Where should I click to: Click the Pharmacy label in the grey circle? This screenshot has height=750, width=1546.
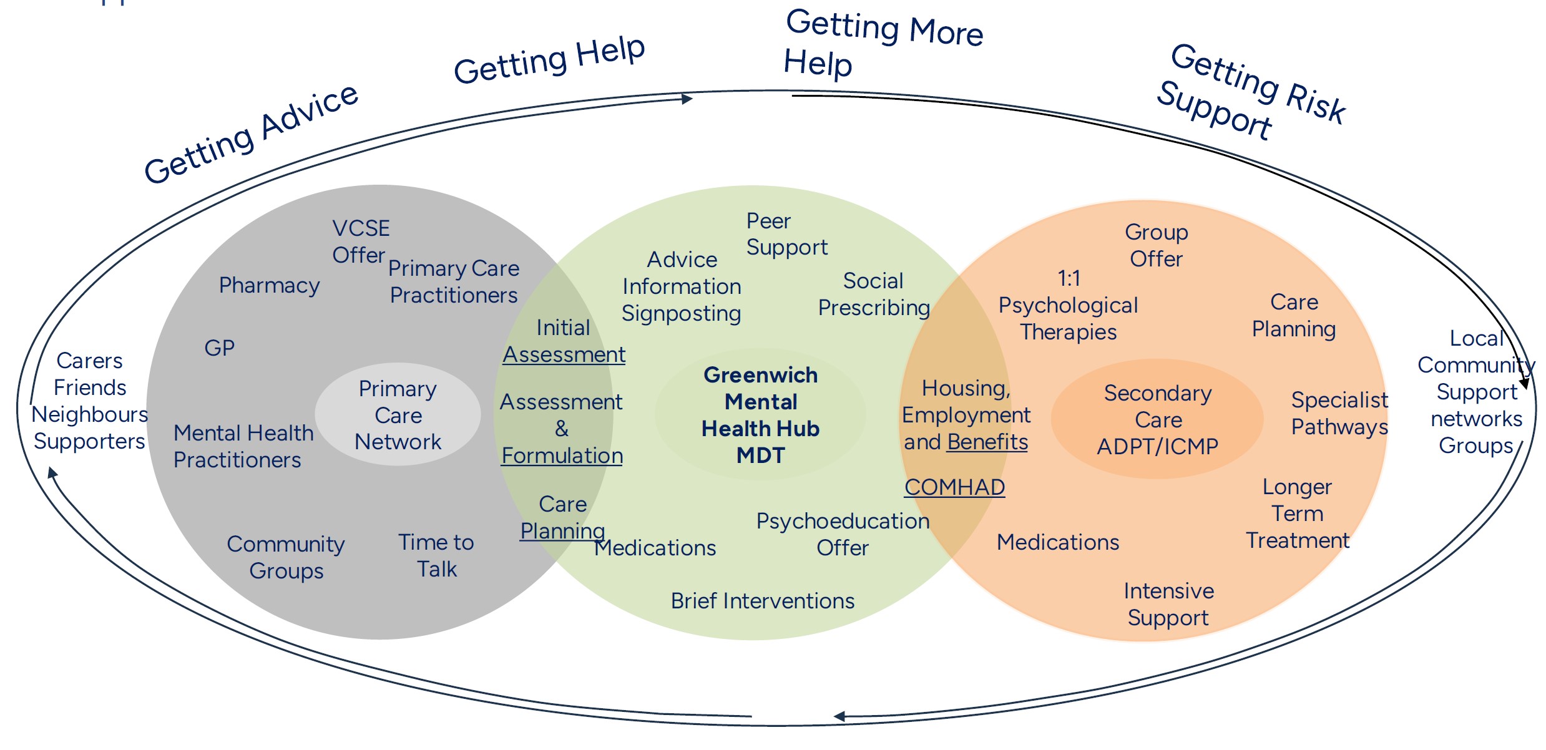[269, 285]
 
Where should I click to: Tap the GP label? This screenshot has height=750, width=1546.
[219, 348]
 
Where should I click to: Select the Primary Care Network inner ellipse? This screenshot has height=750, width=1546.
[398, 415]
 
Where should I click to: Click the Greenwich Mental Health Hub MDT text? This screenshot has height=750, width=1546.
[760, 415]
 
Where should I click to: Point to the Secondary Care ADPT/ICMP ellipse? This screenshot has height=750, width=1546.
[1158, 419]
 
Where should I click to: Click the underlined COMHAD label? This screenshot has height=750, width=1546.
[954, 487]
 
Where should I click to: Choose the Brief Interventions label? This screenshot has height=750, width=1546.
[762, 601]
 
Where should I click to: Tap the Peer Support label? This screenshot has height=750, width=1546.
[786, 234]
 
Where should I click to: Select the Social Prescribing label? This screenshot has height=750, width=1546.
[874, 294]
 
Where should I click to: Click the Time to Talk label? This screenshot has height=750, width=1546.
[436, 555]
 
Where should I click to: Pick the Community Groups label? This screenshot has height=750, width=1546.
[286, 557]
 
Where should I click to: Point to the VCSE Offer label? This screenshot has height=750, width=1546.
[360, 241]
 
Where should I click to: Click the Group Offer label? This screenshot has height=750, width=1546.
[1156, 245]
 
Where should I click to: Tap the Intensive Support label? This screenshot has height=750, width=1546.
[1168, 604]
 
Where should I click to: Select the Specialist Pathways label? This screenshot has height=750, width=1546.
[1339, 413]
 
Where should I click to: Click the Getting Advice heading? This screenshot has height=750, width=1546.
[251, 135]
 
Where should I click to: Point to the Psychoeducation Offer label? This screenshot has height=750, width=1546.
[843, 534]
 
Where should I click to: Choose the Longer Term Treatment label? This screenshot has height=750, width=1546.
[1298, 514]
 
